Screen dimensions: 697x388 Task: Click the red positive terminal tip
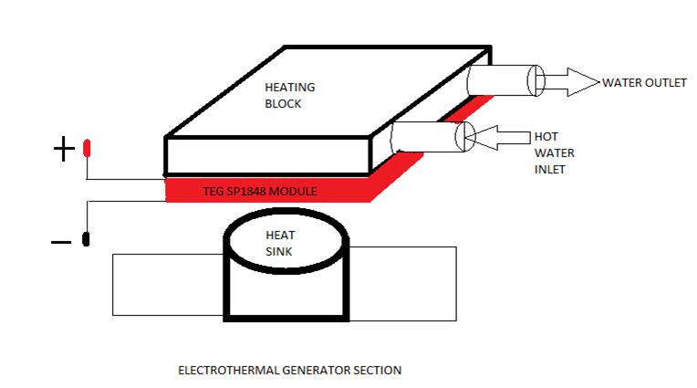point(87,148)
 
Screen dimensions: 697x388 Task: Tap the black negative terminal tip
point(86,239)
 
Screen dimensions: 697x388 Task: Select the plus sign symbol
point(64,149)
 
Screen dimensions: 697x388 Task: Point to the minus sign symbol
point(61,242)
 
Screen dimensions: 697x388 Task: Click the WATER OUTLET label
point(644,83)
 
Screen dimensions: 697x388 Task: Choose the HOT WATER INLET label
point(554,152)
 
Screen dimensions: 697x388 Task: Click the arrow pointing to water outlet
point(572,82)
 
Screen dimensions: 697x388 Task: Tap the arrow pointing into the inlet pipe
point(498,138)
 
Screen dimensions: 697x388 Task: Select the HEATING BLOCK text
point(290,95)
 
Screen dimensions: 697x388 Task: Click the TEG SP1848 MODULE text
point(260,192)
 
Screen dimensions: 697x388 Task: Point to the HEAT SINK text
point(280,243)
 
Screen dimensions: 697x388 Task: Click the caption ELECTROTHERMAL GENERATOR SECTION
point(290,371)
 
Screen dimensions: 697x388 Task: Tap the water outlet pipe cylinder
point(505,80)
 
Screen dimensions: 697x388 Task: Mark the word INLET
point(549,170)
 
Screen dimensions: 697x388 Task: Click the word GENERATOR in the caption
point(317,371)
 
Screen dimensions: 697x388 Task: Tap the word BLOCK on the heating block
point(283,104)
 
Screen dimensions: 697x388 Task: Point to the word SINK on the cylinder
point(279,251)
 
